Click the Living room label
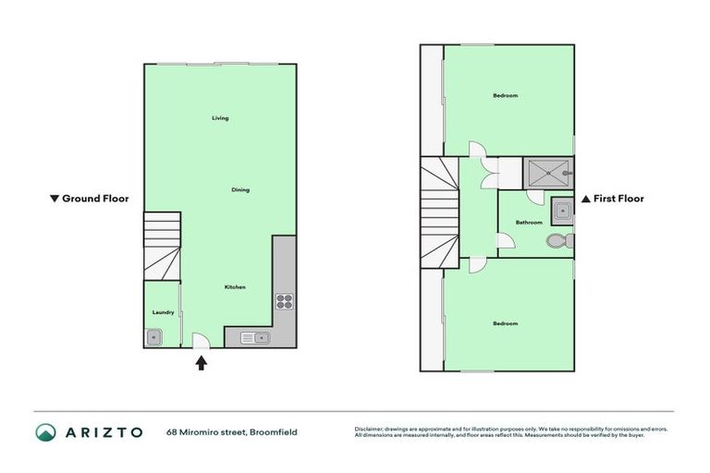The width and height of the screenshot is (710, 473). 220,118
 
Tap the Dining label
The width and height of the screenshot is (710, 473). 240,189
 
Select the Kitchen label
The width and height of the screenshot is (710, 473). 235,287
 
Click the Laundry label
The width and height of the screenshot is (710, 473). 163,312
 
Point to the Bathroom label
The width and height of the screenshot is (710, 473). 529,222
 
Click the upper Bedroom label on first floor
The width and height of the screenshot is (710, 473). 505,96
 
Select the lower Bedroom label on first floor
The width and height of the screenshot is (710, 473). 505,323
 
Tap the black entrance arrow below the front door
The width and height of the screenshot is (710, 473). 202,363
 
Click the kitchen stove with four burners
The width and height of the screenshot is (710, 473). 284,300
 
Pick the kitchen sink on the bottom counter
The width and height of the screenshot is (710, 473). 254,337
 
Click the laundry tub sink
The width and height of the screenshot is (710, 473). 155,337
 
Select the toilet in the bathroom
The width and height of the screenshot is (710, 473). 557,240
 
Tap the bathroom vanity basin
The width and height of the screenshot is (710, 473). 560,211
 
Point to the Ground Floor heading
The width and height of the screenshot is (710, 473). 90,199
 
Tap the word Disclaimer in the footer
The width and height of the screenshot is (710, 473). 371,429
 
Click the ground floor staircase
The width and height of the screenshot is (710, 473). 162,245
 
